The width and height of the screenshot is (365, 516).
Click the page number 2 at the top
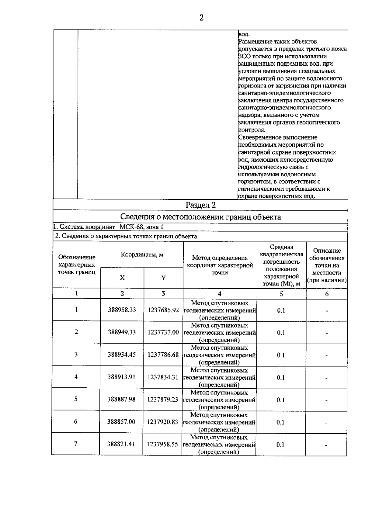click(201, 18)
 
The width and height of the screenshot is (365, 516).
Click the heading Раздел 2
click(200, 205)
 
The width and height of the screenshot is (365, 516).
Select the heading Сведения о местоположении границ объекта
click(200, 217)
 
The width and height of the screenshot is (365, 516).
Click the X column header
click(122, 278)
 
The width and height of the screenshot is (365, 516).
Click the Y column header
click(163, 278)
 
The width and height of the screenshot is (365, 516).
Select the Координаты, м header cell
click(142, 255)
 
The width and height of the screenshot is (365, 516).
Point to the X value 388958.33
click(122, 310)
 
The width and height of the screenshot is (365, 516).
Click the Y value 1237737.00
click(163, 332)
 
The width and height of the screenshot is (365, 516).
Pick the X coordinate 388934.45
click(122, 355)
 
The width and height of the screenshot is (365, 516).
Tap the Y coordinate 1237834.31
click(163, 377)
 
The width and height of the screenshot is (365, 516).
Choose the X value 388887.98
click(121, 399)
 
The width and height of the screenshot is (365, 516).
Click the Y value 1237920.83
click(162, 422)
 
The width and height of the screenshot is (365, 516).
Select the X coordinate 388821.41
click(121, 444)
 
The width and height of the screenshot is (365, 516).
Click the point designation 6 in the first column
click(76, 421)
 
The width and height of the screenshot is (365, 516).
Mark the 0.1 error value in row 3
click(280, 355)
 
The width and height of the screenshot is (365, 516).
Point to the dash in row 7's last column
click(326, 445)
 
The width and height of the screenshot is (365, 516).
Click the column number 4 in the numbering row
click(220, 293)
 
